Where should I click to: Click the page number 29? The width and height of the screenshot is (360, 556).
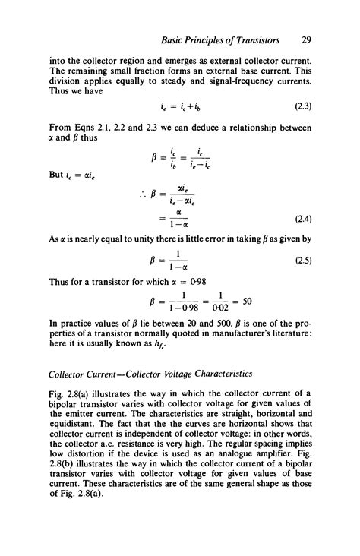pyautogui.click(x=306, y=39)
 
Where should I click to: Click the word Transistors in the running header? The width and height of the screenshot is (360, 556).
pyautogui.click(x=252, y=39)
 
